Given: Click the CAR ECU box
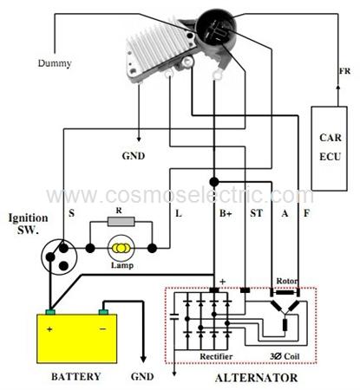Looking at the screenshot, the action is coord(329,148).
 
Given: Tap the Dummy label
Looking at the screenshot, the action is coord(55,63).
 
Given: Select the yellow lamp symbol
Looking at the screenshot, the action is coord(121,248).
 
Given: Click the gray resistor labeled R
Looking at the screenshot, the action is coord(121,222).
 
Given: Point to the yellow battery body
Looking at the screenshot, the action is coord(77,339).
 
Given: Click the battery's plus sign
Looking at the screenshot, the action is coord(49,329).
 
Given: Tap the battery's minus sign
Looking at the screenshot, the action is coord(102,328).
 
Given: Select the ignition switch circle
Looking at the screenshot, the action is coord(59,257).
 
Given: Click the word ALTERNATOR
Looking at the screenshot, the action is coord(257,378).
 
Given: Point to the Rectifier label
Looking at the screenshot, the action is coord(216,356).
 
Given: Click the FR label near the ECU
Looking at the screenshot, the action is coord(344,71).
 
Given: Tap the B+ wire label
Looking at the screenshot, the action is coord(226,213).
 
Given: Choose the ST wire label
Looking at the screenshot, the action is coord(256,213).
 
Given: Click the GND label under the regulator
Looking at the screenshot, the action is coord(134,156).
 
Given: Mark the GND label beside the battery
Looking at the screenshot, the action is coord(142,376).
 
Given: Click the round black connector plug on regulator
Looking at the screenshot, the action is coord(216,27).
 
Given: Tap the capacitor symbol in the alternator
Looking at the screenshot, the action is coord(174,316).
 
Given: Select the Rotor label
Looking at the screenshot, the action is coord(286,281).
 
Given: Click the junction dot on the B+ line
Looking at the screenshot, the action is coord(214,182).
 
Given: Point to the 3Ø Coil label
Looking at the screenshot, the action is coord(285,356).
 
